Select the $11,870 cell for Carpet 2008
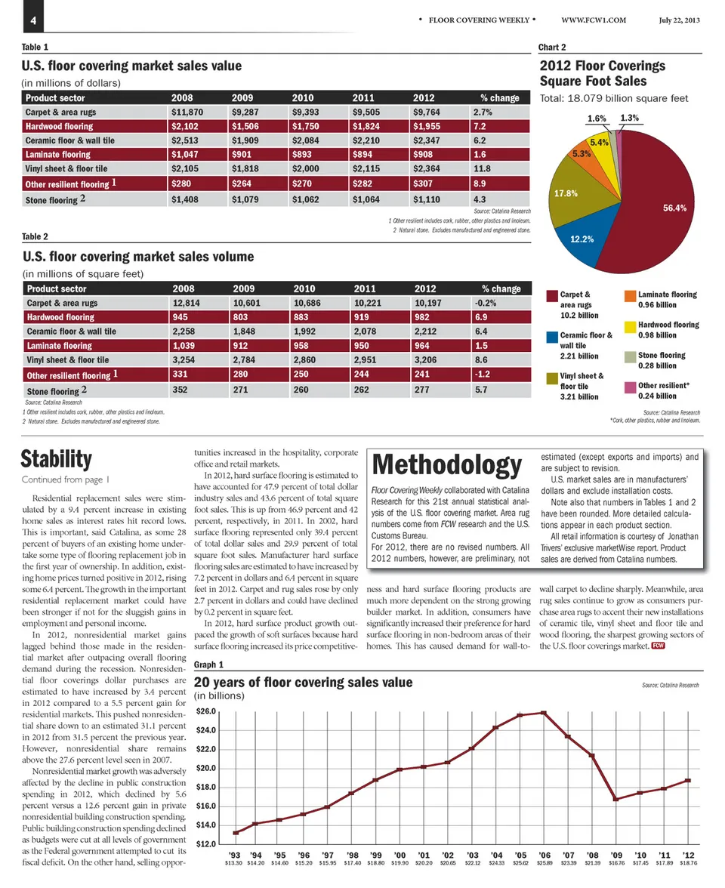(187, 112)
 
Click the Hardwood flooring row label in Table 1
(60, 126)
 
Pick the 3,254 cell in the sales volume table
(187, 360)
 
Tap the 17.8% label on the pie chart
(566, 193)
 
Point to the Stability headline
(57, 458)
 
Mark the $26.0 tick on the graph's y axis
(206, 711)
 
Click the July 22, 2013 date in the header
(678, 20)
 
